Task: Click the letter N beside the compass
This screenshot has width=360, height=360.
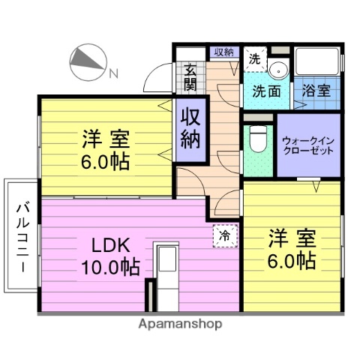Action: click(x=113, y=73)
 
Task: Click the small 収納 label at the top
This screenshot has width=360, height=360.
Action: click(x=223, y=52)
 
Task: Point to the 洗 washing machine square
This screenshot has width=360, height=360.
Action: click(x=254, y=58)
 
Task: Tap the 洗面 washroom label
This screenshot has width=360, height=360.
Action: click(x=266, y=92)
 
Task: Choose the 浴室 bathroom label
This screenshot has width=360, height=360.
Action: click(x=316, y=92)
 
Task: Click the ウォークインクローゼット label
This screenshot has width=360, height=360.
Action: click(x=308, y=145)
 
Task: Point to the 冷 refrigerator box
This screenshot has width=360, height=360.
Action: click(x=224, y=235)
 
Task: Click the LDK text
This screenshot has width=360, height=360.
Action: click(x=111, y=244)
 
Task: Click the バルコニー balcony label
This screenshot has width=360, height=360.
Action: click(x=21, y=237)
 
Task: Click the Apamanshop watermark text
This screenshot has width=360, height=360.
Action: click(x=180, y=325)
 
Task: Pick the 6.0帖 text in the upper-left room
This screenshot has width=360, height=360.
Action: click(x=105, y=160)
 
